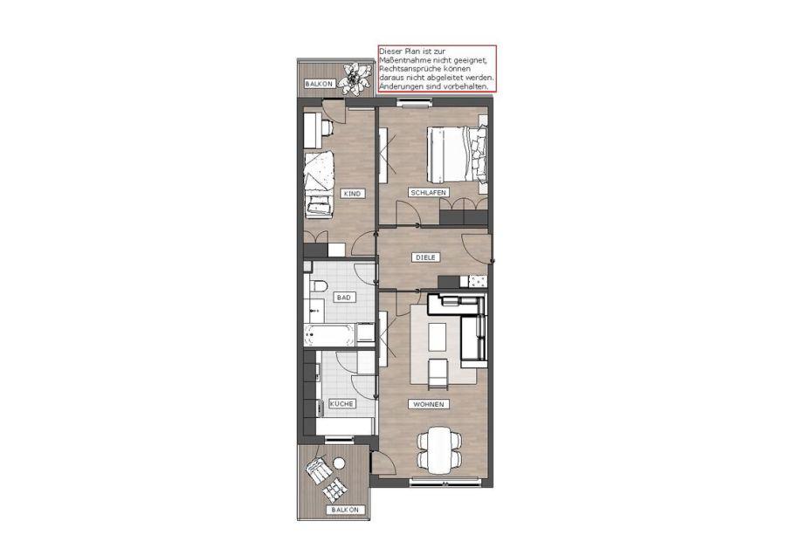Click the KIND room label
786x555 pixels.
click(x=352, y=194)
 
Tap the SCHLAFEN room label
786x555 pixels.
click(x=428, y=192)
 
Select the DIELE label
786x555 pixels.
click(x=426, y=257)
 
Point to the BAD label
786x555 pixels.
click(x=344, y=298)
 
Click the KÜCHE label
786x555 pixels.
click(x=341, y=404)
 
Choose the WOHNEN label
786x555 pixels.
click(x=429, y=404)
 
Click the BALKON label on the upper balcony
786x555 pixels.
click(x=319, y=84)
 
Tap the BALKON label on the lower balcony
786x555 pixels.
click(x=345, y=510)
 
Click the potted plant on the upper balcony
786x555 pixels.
click(x=354, y=79)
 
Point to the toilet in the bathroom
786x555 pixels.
click(x=318, y=286)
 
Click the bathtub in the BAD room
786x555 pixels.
click(x=329, y=334)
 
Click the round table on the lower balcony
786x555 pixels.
click(x=340, y=462)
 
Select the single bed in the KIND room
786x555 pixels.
click(x=320, y=184)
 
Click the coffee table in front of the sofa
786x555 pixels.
click(x=438, y=337)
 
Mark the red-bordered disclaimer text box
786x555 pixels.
click(x=438, y=69)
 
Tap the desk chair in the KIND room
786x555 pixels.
click(x=326, y=127)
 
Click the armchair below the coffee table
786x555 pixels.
click(x=438, y=373)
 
